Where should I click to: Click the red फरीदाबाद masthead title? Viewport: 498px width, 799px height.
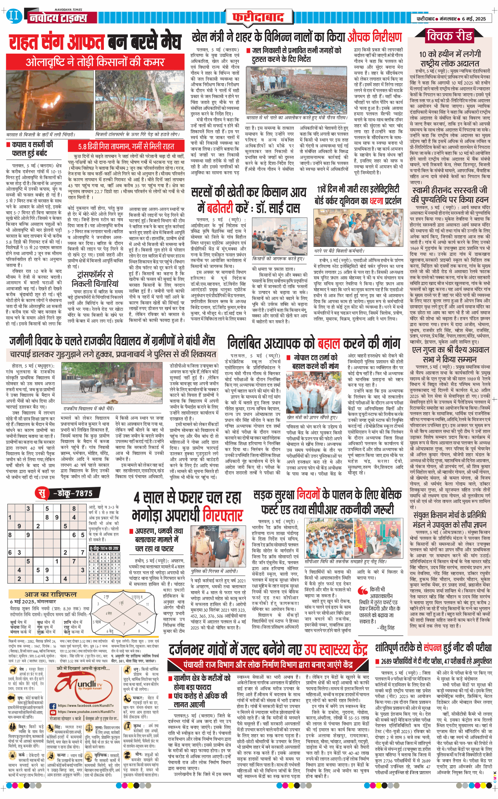258,17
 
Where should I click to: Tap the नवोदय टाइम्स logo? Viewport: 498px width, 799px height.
58,18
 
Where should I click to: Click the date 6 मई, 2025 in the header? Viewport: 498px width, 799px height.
474,19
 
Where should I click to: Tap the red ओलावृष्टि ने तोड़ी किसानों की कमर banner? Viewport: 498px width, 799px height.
95,62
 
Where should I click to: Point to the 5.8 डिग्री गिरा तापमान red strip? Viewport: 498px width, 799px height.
126,146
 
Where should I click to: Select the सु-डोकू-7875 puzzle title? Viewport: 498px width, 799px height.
68,493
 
